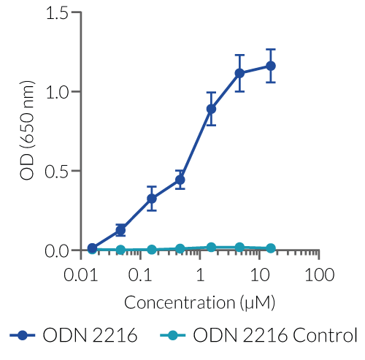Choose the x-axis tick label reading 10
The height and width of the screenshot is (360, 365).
coord(259,276)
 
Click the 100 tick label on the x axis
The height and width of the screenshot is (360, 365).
coord(318,276)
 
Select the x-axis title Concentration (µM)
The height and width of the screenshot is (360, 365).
coord(199,302)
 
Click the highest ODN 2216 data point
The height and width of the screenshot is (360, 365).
coord(271,66)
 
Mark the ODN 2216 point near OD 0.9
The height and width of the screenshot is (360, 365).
coord(211,109)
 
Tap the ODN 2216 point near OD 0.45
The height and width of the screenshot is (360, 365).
coord(180,180)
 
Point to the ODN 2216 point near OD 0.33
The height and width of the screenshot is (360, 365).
coord(152,198)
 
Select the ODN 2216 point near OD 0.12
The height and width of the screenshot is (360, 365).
coord(120,230)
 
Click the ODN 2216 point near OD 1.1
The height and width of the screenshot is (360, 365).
coord(239,73)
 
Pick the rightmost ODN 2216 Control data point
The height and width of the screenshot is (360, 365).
coord(271,248)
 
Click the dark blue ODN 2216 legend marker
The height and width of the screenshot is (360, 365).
coord(23,336)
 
